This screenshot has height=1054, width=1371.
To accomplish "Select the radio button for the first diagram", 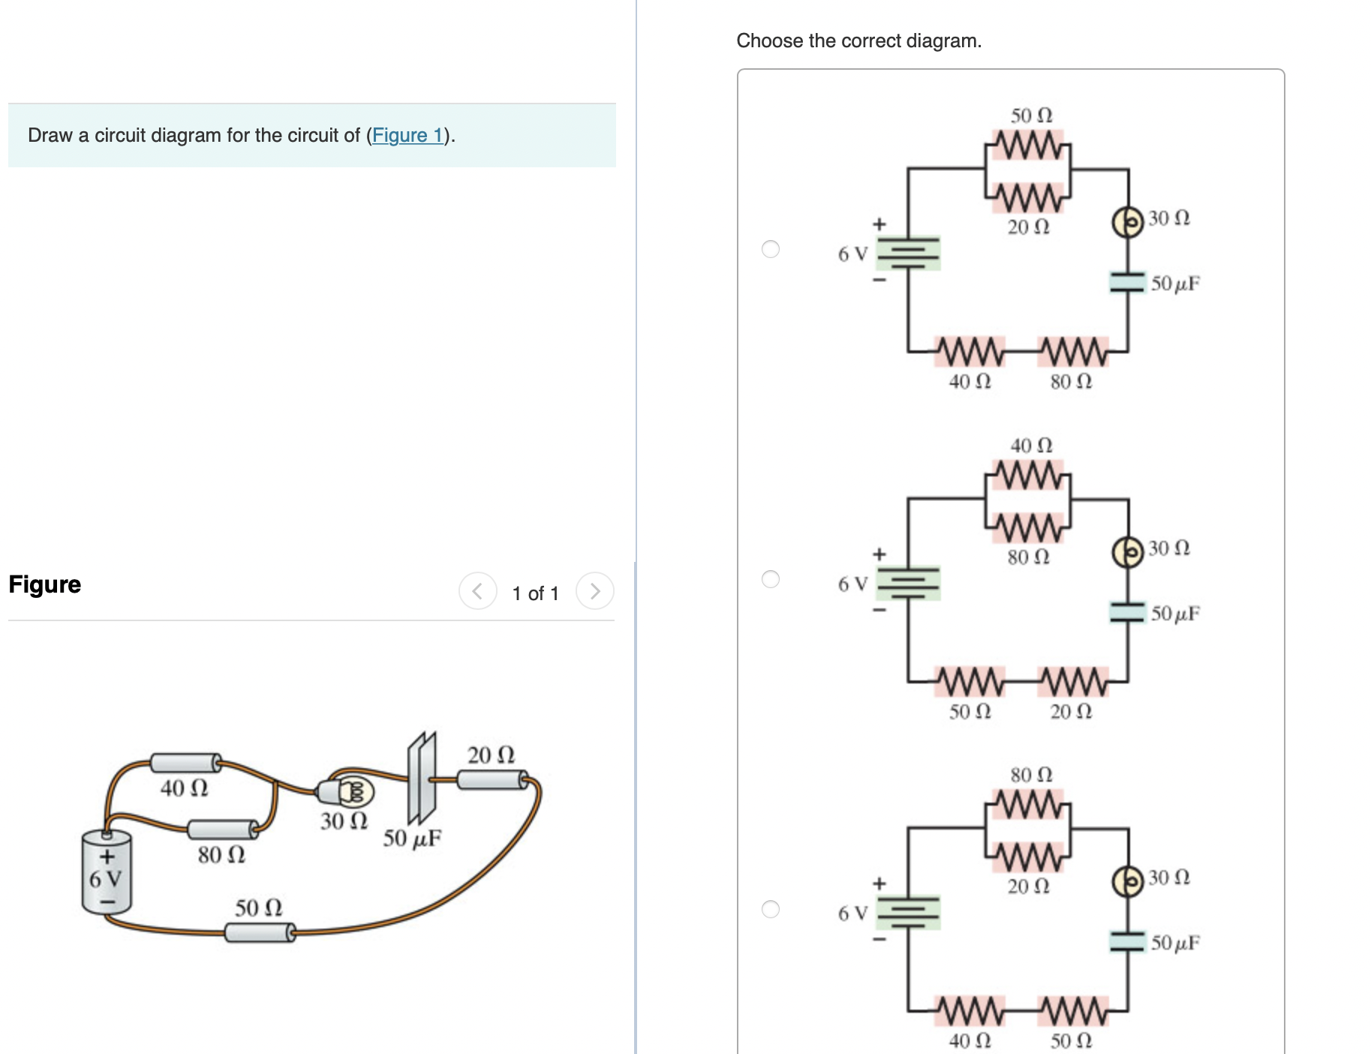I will [771, 249].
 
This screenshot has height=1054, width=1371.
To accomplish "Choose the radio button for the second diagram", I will [771, 579].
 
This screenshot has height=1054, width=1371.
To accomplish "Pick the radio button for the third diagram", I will [771, 909].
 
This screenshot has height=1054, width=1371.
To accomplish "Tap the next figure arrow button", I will [594, 591].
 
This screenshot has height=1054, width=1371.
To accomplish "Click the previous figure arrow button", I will [477, 591].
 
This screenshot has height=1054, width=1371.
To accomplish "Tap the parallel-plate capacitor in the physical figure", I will [421, 778].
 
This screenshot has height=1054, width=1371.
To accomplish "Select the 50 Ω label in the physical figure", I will [258, 908].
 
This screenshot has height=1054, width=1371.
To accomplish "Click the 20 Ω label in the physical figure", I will [491, 755].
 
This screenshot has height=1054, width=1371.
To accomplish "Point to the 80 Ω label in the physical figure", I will [221, 854].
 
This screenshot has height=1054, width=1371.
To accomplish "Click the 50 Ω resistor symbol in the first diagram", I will [1028, 144].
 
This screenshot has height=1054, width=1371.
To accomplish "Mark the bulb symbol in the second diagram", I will [1127, 552].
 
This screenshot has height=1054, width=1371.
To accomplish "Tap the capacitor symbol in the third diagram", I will [1127, 941].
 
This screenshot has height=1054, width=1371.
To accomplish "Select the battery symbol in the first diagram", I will [909, 253].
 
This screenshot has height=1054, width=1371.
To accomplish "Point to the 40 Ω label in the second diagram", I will [1031, 446].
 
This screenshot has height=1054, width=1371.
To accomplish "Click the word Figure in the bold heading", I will [45, 584].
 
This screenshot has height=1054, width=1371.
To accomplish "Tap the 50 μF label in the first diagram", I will [1175, 284].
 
